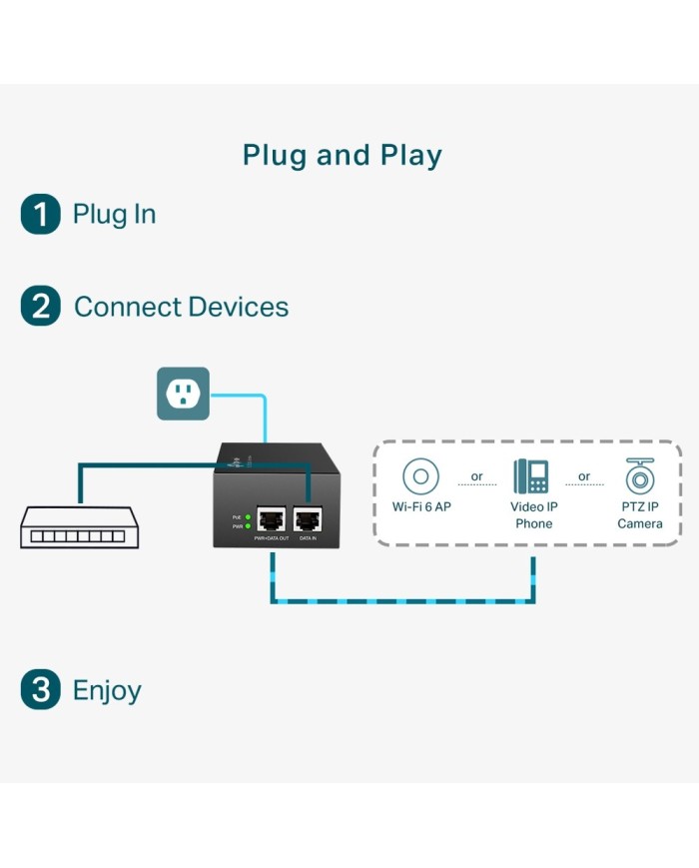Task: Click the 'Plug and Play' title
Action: click(342, 156)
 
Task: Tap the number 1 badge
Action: click(41, 214)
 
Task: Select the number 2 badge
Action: click(41, 307)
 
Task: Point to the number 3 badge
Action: click(41, 690)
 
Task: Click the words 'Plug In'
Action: click(114, 214)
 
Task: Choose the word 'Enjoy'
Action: click(107, 690)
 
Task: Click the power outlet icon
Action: click(183, 394)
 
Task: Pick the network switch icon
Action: click(79, 526)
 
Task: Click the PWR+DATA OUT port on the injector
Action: click(271, 517)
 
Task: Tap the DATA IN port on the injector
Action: click(308, 517)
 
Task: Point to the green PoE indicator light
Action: click(247, 517)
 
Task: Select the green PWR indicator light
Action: click(247, 526)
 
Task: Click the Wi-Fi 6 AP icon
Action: click(421, 475)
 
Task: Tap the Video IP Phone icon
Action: click(530, 476)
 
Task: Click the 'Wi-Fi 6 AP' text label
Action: click(421, 507)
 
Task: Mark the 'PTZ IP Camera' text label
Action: click(639, 515)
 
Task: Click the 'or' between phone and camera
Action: click(584, 476)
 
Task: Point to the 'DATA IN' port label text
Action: click(308, 538)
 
